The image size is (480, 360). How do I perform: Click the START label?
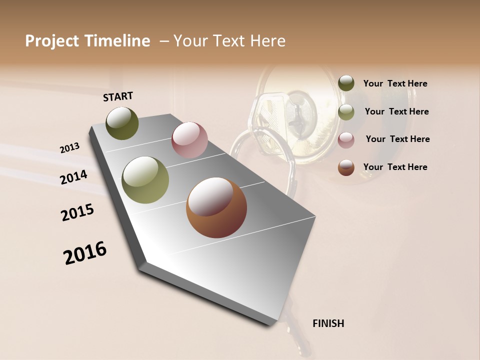point(118,96)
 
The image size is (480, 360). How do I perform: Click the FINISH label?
point(328,323)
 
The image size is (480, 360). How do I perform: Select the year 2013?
point(69,148)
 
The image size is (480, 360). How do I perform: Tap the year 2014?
point(73,177)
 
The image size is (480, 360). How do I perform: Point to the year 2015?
point(77,212)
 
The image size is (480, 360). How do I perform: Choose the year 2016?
point(85,253)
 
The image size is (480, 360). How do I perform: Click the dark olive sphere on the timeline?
point(122,123)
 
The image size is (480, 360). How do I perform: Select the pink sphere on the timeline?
point(189,140)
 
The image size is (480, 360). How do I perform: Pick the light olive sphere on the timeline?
point(145,180)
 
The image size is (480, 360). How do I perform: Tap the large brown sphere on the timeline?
point(216,207)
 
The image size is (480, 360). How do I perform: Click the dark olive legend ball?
point(346,83)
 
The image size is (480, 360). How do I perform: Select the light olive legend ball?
point(346,111)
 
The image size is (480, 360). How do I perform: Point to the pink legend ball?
point(346,139)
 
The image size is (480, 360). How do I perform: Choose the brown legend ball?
point(346,167)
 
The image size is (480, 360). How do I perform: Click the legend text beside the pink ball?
point(397,139)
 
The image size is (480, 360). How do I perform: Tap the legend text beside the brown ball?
point(395,167)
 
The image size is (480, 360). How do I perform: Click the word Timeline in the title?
point(118,41)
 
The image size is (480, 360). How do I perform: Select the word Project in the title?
point(52,41)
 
